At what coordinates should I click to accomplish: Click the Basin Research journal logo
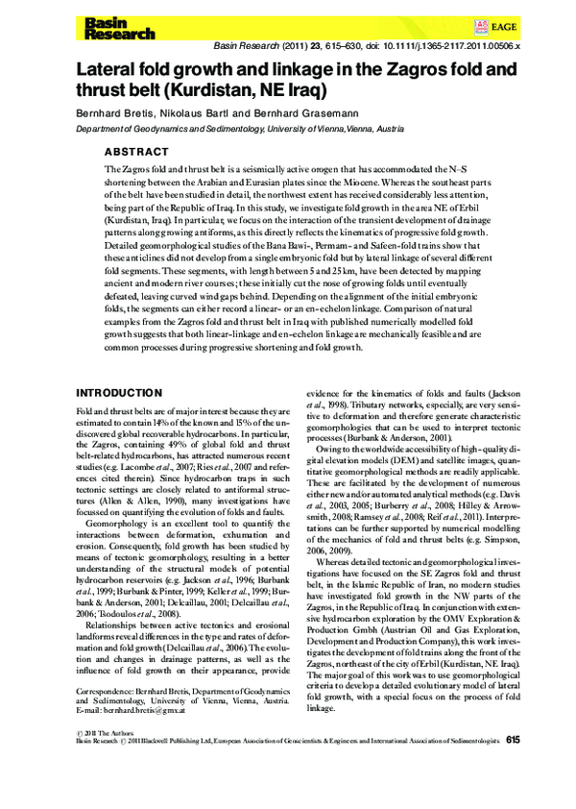click(x=119, y=28)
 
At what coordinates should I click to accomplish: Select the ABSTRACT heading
click(x=136, y=152)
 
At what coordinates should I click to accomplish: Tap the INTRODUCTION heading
click(x=118, y=393)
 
